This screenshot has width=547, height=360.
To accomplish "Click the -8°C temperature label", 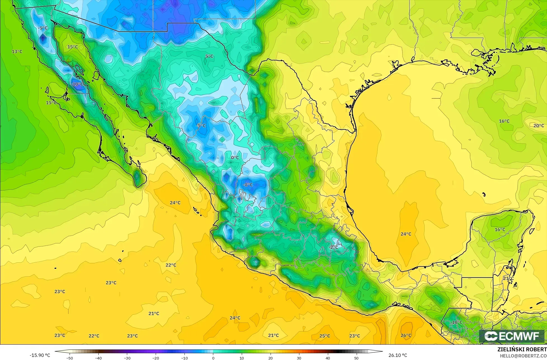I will point(248,185).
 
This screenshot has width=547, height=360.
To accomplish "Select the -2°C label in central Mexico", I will point(333,247).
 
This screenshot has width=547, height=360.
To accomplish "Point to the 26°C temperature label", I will point(406,335).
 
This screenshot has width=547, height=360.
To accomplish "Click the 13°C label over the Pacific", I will point(17,52).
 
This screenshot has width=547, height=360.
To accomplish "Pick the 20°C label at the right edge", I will point(539,126).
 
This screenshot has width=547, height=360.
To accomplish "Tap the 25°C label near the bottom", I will point(325,336).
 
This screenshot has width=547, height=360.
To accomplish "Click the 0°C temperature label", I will point(235,157).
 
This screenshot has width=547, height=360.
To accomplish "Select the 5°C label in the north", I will point(209,56).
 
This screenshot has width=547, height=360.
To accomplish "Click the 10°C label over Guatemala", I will point(457,322).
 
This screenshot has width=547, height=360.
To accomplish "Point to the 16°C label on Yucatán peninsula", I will point(500,230).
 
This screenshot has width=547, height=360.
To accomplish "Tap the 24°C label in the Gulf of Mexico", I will point(406,234).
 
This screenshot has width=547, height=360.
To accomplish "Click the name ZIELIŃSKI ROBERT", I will point(522,350).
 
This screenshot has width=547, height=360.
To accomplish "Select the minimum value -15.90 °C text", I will point(40,355).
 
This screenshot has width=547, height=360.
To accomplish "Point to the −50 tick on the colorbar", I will point(70,358).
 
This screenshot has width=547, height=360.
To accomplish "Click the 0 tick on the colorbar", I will point(213,358).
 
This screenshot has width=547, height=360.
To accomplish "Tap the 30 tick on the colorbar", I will point(299,358).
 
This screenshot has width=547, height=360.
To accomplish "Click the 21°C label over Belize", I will point(508,278).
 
